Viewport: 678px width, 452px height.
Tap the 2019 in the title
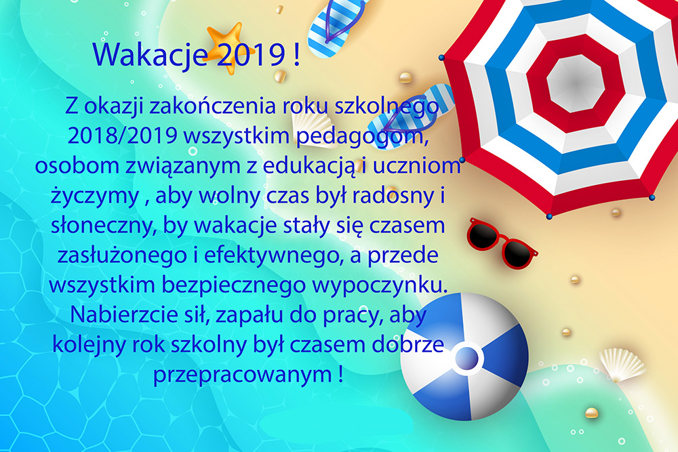(x=251, y=54)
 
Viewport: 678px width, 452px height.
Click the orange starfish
(x=226, y=47)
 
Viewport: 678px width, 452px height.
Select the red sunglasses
(x=502, y=243)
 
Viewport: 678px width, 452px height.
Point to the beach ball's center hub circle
(x=467, y=358)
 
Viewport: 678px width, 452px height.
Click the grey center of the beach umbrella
(x=575, y=83)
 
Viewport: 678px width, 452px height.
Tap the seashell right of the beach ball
(x=622, y=365)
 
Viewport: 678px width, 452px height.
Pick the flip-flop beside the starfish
(x=335, y=27)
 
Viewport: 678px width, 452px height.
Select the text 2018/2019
(x=122, y=136)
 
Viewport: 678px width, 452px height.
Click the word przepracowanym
(x=243, y=375)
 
